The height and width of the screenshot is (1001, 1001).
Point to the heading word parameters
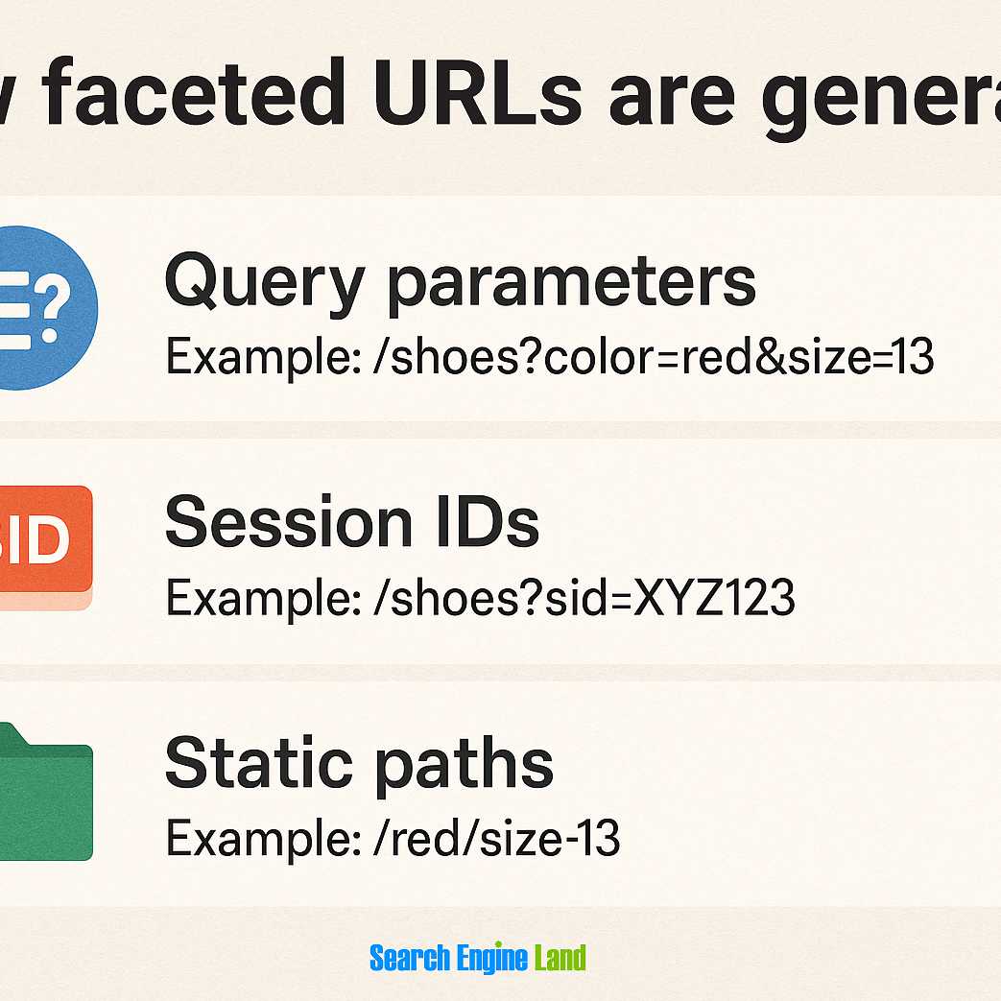571,281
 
